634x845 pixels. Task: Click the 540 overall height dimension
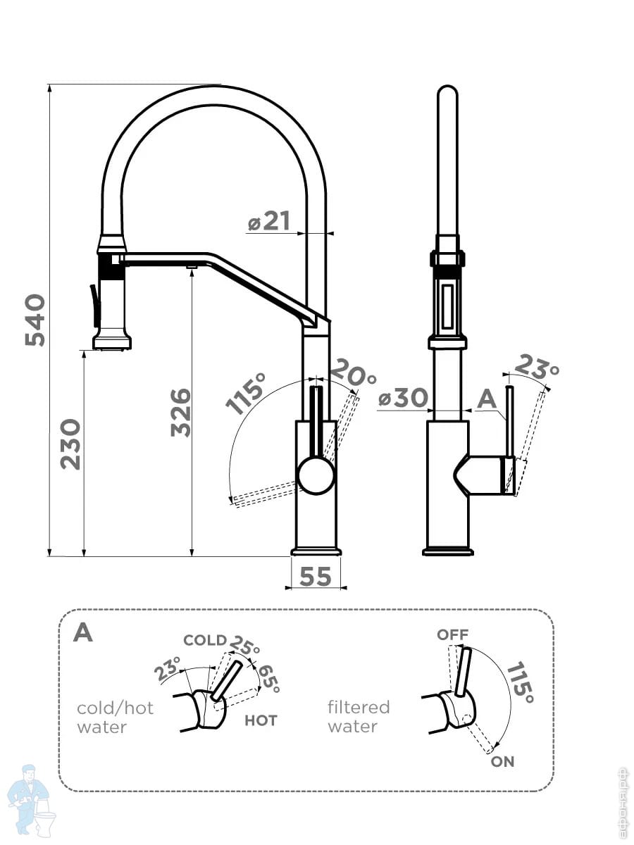coord(35,320)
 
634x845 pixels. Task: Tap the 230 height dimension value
coord(70,444)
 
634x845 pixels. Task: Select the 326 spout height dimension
coord(180,412)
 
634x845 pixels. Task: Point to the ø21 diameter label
coord(270,222)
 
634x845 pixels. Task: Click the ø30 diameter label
coord(403,399)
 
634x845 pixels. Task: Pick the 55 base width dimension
coord(315,577)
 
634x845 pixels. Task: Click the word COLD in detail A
coord(205,641)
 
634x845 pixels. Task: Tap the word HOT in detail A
coord(261,720)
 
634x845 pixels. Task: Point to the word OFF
coord(452,634)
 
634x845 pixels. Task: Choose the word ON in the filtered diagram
coord(503,761)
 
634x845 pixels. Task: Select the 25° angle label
coord(244,646)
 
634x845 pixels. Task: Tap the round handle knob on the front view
coord(316,475)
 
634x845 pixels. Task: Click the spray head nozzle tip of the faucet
coord(112,345)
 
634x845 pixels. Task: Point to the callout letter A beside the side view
coord(487,399)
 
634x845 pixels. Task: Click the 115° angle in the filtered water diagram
coord(520,681)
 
